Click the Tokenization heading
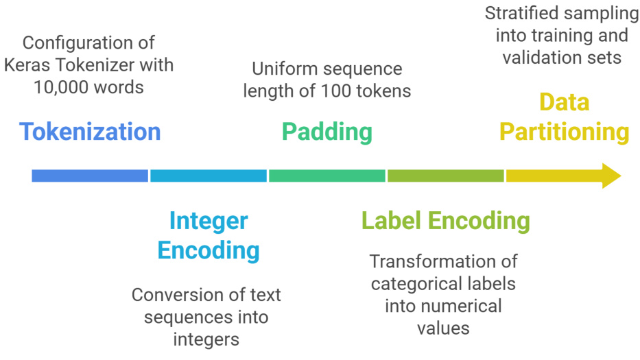coord(90,131)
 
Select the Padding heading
coord(327,131)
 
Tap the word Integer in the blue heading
coord(209,221)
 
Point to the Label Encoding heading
coord(446,221)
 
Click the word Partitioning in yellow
coord(564,131)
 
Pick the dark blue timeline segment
coord(90,176)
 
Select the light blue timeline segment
coord(209,176)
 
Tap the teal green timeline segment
coord(327,176)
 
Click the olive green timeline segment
coord(446,176)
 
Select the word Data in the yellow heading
coord(564,102)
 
